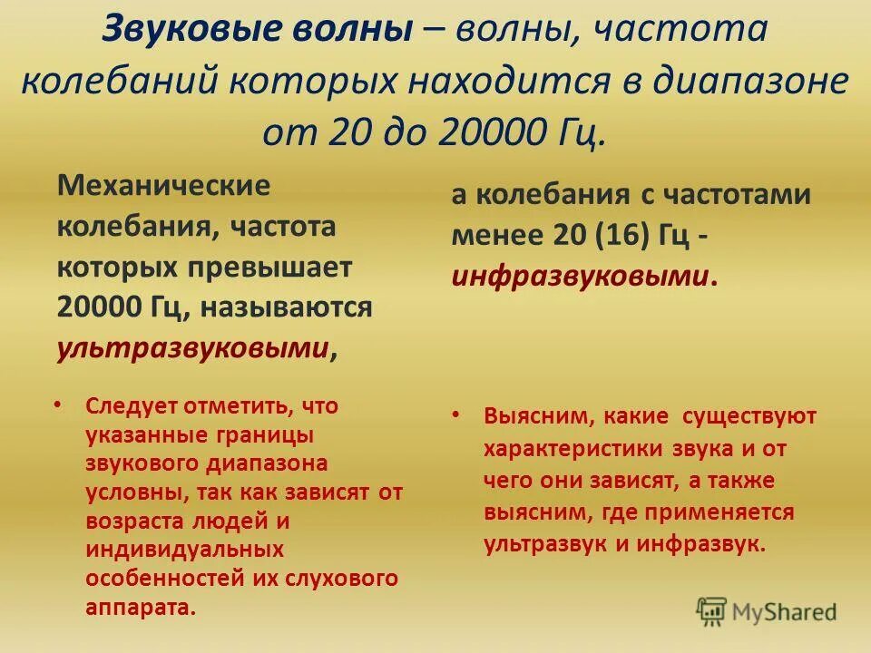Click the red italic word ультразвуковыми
pyautogui.click(x=191, y=347)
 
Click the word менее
pyautogui.click(x=495, y=236)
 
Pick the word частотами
pyautogui.click(x=729, y=196)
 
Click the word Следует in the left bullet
pyautogui.click(x=129, y=405)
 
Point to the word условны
pyautogui.click(x=132, y=493)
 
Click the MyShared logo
pyautogui.click(x=767, y=610)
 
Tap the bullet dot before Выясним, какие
pyautogui.click(x=455, y=415)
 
